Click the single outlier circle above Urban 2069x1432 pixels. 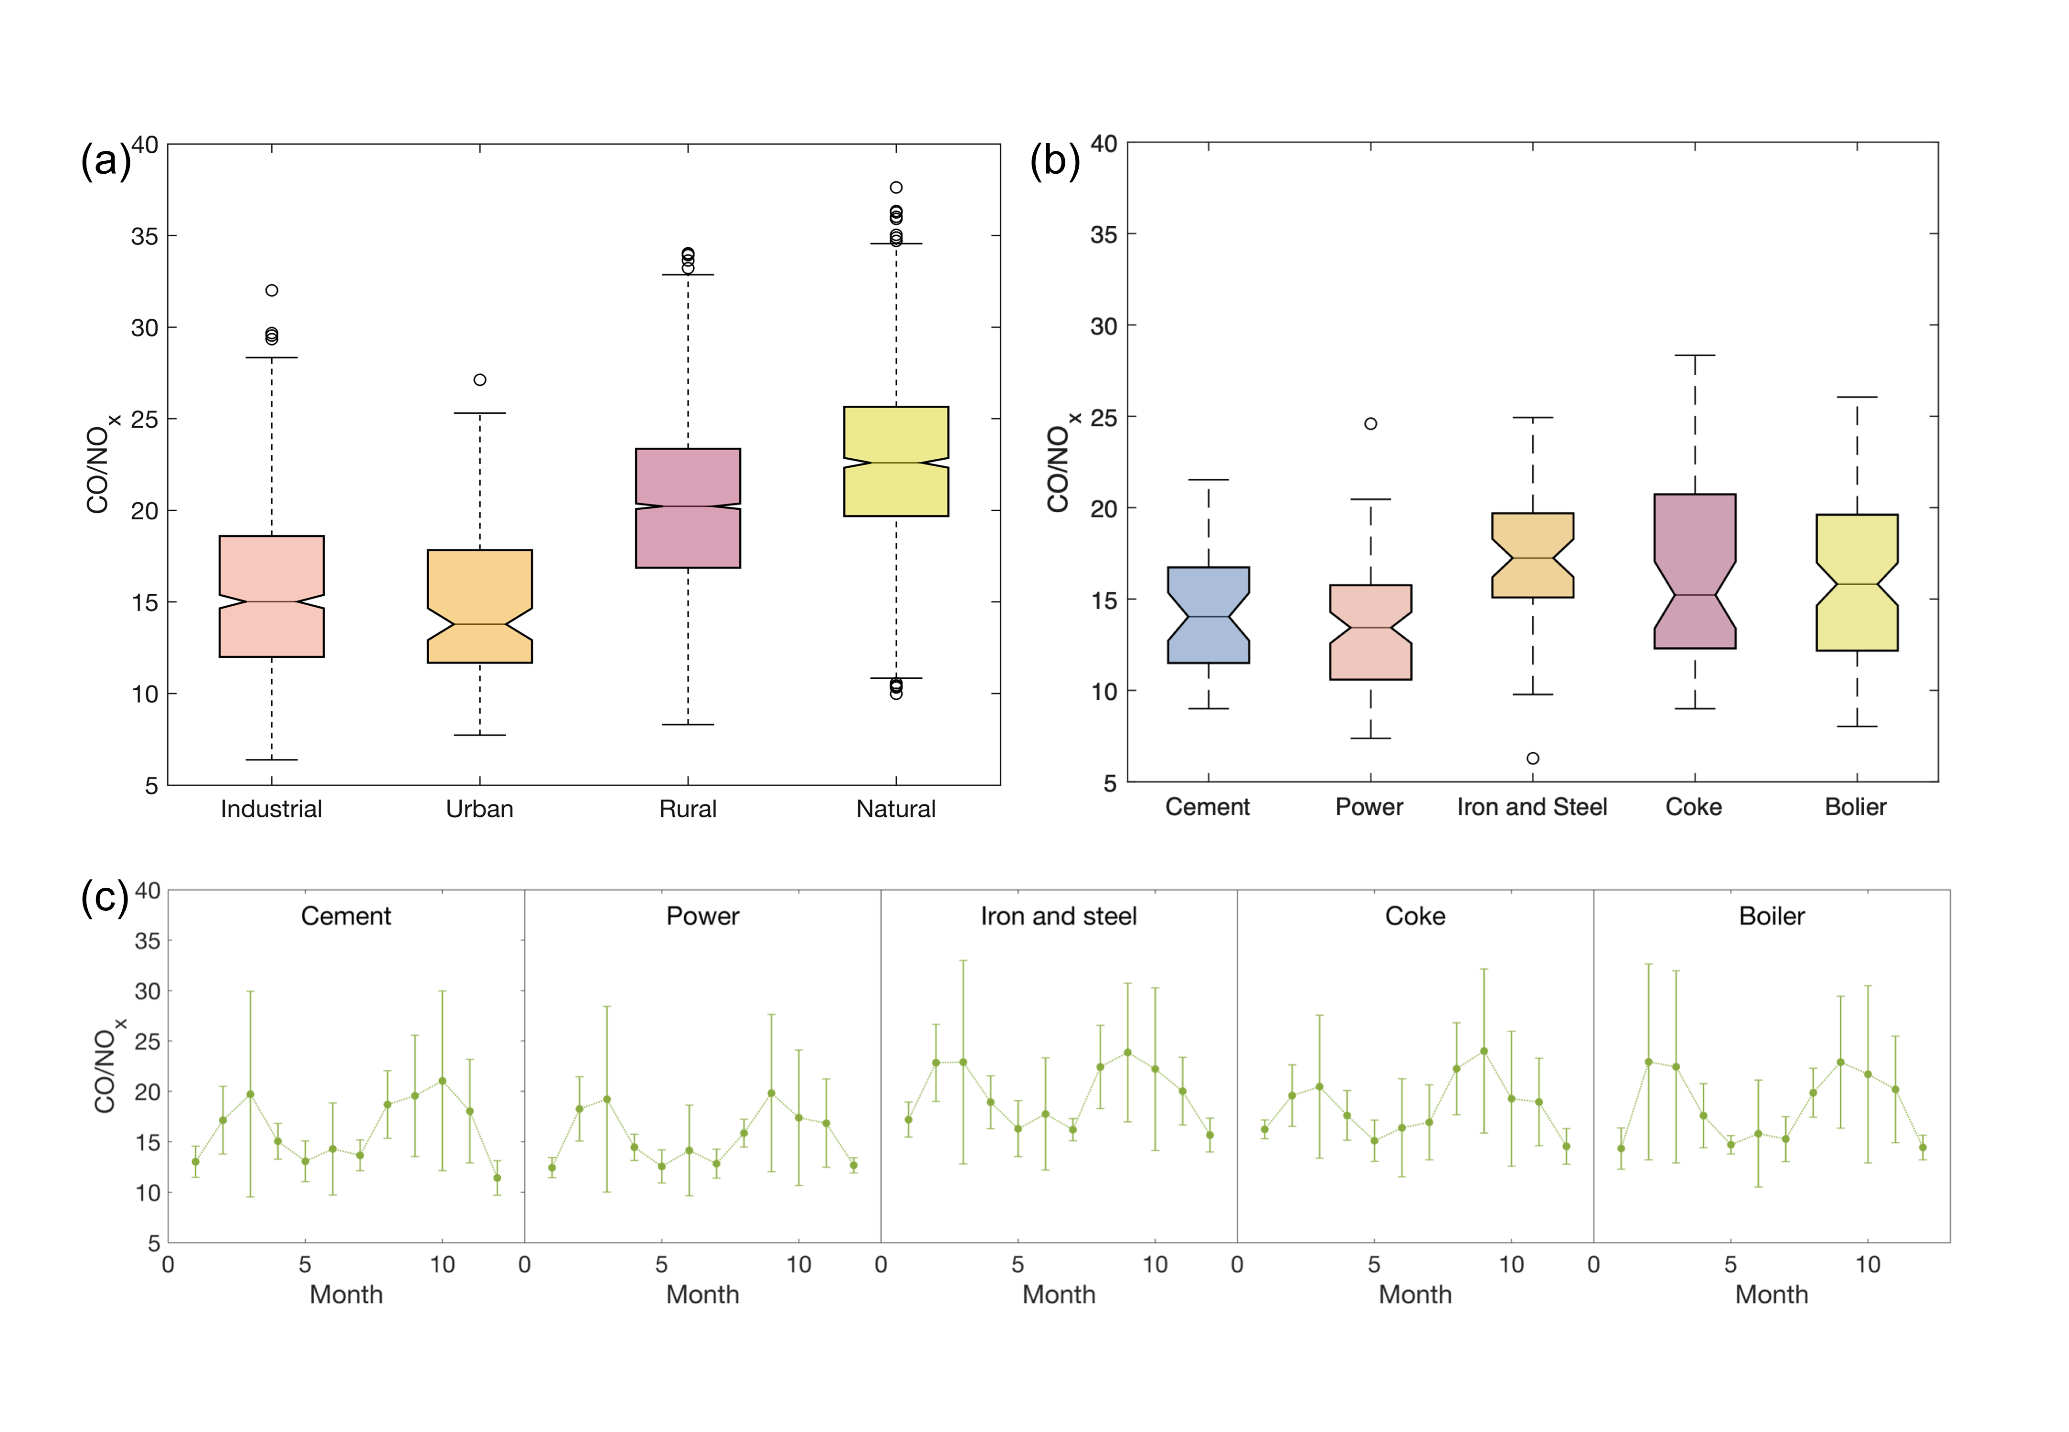pyautogui.click(x=480, y=379)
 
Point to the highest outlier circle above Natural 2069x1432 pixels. pyautogui.click(x=896, y=188)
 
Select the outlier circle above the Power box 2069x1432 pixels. pyautogui.click(x=1370, y=423)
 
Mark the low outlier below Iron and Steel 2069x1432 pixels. pyautogui.click(x=1533, y=758)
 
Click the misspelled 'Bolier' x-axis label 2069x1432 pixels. pyautogui.click(x=1856, y=807)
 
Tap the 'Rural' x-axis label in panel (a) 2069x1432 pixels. pyautogui.click(x=688, y=809)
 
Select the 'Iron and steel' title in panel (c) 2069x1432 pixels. pyautogui.click(x=1058, y=916)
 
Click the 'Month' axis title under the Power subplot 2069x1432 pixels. pyautogui.click(x=702, y=1295)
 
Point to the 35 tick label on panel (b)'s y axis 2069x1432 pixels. pyautogui.click(x=1103, y=235)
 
